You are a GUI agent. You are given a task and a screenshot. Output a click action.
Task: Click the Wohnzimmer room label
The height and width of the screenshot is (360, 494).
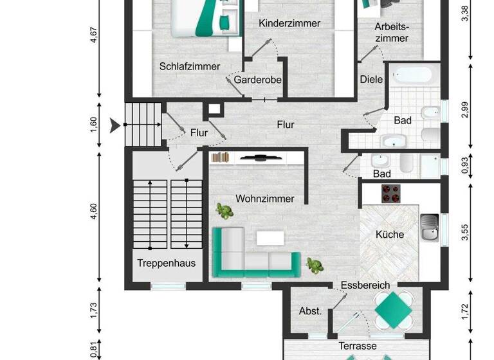tap(264, 199)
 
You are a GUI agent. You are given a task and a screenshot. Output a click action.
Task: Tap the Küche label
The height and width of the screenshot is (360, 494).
tap(390, 235)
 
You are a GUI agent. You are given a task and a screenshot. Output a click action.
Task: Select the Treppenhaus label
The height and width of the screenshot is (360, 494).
tap(166, 263)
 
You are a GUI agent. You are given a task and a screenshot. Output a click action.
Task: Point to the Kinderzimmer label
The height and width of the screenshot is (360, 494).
tap(289, 23)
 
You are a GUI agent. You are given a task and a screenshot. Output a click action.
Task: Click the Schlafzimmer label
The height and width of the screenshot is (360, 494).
tap(190, 66)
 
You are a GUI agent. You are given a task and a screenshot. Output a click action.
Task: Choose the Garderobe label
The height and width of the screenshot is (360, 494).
tap(256, 80)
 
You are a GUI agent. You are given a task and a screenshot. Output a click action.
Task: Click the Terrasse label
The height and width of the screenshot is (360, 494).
tap(358, 346)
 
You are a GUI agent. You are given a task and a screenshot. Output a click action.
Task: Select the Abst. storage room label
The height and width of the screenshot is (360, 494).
tap(311, 311)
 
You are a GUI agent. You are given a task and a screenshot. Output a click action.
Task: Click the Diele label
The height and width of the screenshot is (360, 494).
tap(371, 80)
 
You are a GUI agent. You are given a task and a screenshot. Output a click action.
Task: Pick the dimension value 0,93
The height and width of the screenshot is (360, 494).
tap(465, 166)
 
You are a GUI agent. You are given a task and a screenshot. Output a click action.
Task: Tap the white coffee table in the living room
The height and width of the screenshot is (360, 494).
tap(270, 238)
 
